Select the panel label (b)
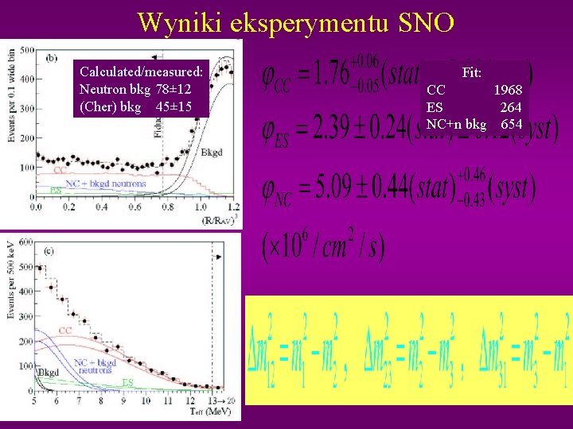click(x=52, y=56)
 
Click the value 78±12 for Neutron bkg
click(x=173, y=89)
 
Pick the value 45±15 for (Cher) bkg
click(x=173, y=106)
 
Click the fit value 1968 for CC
click(x=508, y=91)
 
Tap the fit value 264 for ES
click(x=511, y=107)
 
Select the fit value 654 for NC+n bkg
click(x=511, y=124)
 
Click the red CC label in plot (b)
click(x=60, y=170)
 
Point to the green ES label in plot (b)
click(x=56, y=190)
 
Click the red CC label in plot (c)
click(x=65, y=329)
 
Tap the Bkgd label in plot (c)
click(x=49, y=371)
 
